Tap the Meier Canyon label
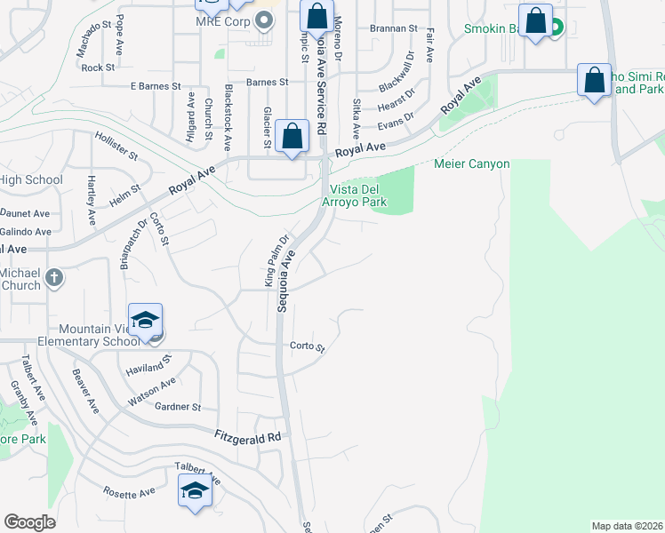click(471, 164)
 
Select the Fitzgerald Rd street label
click(248, 437)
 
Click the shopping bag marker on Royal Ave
click(292, 137)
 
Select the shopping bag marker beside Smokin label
click(536, 22)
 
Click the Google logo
click(29, 522)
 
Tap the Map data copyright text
click(627, 526)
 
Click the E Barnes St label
click(156, 86)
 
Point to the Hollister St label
click(116, 147)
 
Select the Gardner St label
click(178, 407)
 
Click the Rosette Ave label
click(128, 491)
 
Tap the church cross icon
click(53, 277)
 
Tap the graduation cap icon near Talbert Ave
click(196, 489)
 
